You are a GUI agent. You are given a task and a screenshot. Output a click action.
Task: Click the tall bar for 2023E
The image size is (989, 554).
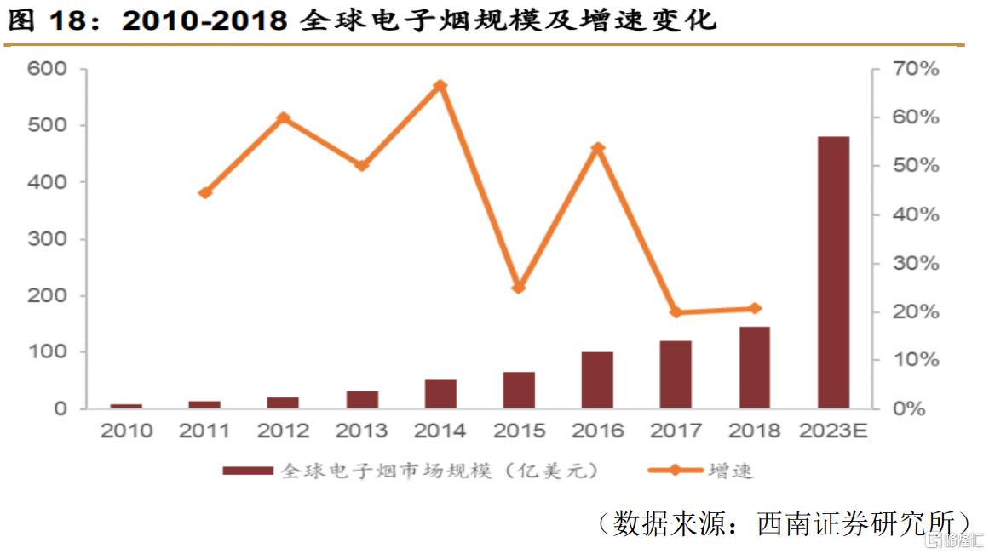pos(833,272)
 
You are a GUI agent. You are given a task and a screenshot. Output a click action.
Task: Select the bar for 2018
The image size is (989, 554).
pos(754,368)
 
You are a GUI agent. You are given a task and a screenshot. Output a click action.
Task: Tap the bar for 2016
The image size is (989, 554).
pos(597,380)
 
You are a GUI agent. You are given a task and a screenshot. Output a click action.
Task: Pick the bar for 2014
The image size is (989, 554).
pos(440,394)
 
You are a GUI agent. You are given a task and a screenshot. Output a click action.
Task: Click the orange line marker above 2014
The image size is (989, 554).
pos(440,86)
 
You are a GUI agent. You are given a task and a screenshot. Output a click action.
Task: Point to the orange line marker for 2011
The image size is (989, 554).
pos(204,193)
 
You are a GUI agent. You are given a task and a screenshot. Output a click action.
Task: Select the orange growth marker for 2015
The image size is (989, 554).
pos(519,288)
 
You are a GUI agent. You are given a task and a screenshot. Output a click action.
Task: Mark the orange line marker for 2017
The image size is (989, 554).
pos(676,312)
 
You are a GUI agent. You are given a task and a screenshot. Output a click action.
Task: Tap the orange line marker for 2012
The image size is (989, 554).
pos(284,118)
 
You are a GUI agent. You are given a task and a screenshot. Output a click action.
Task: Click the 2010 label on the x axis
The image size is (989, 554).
pos(126,431)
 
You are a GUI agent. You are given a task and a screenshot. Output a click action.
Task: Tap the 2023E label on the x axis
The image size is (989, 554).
pos(833,431)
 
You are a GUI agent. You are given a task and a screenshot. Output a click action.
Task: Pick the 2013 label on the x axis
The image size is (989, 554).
pos(362,431)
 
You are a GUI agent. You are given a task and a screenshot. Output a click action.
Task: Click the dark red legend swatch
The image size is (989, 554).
pos(248,471)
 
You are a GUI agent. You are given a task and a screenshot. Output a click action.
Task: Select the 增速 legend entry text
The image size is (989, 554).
pos(730,471)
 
